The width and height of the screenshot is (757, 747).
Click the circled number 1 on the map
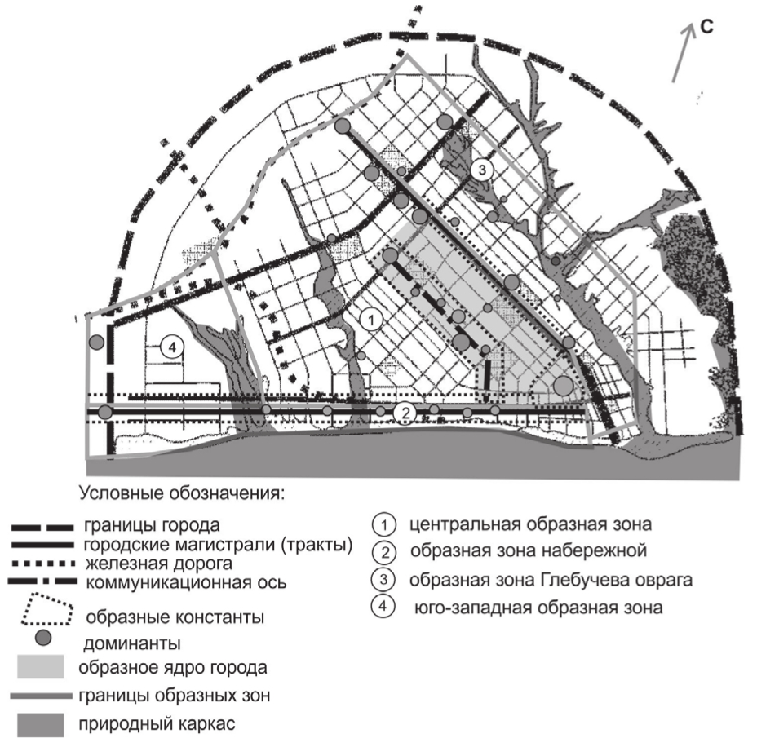click(x=371, y=320)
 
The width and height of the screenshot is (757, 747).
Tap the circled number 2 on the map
click(x=405, y=413)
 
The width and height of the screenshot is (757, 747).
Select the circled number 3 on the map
click(x=482, y=170)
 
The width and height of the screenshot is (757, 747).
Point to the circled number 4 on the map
click(x=172, y=347)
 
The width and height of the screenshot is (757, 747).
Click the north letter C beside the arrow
click(x=706, y=27)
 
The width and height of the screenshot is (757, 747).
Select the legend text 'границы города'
click(x=152, y=525)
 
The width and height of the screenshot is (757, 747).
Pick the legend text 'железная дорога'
click(x=159, y=564)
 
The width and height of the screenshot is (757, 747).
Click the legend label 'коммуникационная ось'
click(x=186, y=582)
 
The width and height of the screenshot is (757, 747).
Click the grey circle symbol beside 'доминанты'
click(x=43, y=638)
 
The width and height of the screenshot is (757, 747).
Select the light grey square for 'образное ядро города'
click(x=41, y=666)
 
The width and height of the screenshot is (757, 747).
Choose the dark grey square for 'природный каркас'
click(x=41, y=725)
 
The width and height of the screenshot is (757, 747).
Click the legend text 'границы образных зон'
click(x=175, y=696)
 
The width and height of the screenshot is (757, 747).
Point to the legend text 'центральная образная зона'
click(x=530, y=524)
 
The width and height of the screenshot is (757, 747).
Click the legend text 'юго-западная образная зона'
click(x=538, y=607)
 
